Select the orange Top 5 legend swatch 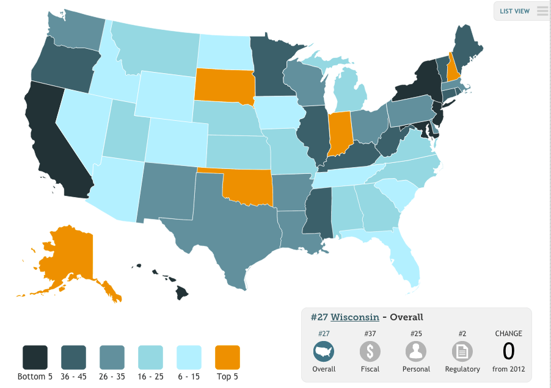click(227, 357)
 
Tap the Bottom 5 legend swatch click(35, 357)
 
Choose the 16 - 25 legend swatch click(150, 357)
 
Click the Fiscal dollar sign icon click(370, 351)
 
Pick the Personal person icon click(416, 351)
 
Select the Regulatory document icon click(462, 351)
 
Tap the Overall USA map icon click(324, 351)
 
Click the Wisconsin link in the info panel click(354, 317)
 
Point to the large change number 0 click(508, 351)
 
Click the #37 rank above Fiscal click(370, 334)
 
